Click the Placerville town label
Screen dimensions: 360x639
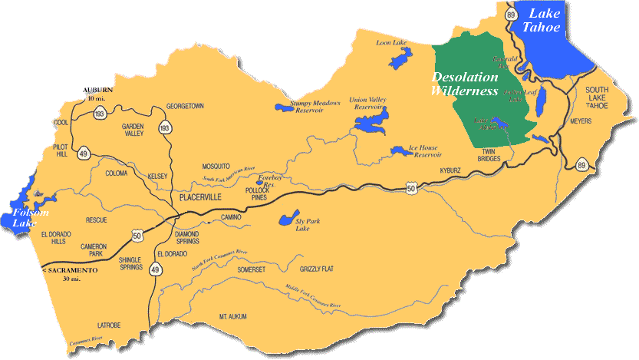tap(199, 197)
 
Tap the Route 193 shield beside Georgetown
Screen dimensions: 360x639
tap(165, 128)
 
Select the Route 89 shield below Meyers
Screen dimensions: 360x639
tap(581, 165)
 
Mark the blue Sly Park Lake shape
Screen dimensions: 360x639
tap(286, 221)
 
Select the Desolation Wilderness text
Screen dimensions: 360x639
tap(465, 84)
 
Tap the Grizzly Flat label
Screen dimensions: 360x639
tap(317, 269)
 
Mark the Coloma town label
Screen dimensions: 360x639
tap(117, 173)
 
